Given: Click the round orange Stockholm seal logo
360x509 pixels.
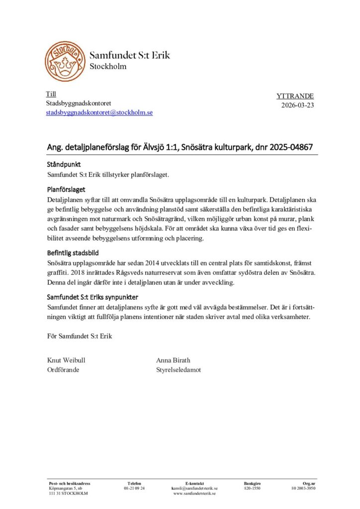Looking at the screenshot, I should tap(65, 61).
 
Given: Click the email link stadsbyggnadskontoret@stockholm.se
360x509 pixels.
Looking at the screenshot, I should tap(99, 113).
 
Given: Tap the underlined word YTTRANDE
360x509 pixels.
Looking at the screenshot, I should tap(295, 96).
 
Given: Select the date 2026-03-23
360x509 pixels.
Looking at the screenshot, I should tap(297, 105).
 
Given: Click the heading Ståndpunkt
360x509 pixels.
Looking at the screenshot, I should tap(64, 165).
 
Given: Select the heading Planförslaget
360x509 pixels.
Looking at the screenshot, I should tap(66, 189).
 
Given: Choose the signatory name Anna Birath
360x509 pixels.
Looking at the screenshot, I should tap(173, 360).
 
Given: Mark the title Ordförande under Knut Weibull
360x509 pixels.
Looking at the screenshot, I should tap(63, 370).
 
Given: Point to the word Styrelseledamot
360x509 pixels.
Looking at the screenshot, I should tap(179, 370).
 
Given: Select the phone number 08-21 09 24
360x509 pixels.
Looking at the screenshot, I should tap(134, 489).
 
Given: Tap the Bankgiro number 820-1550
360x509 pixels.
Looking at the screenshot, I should tap(252, 489).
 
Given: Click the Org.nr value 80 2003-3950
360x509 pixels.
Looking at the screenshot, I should tap(303, 489).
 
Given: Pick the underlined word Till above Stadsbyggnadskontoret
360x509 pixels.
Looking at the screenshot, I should tap(51, 94).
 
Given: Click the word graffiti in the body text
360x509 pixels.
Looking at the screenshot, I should tap(58, 272).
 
